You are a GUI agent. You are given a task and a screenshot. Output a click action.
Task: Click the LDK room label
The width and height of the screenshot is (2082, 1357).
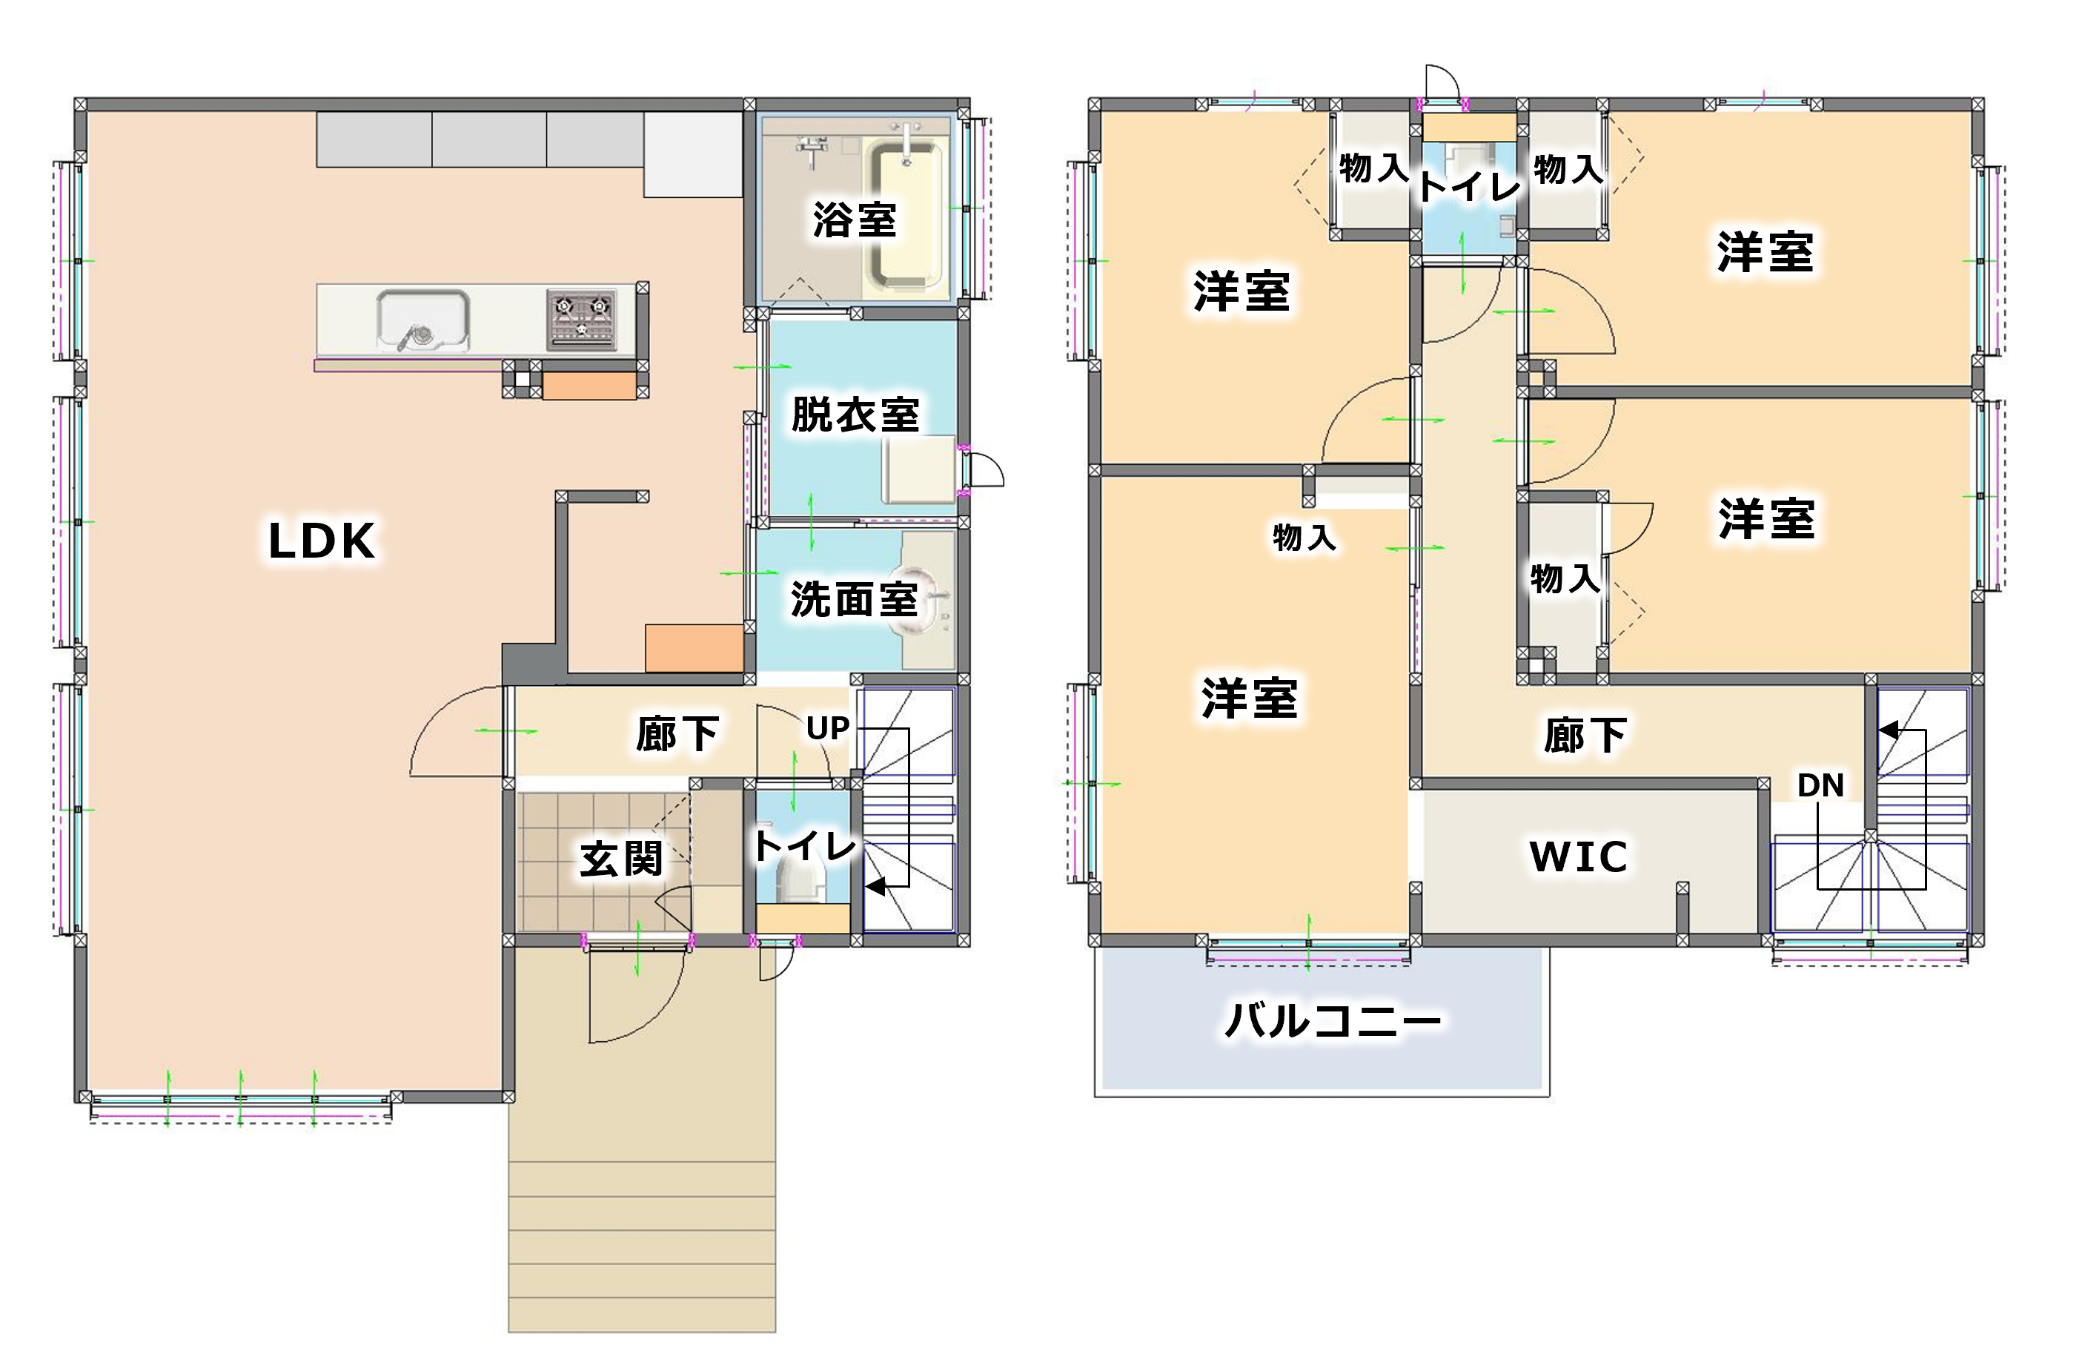pyautogui.click(x=321, y=541)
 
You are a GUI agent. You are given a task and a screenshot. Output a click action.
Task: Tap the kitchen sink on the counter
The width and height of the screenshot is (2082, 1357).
pyautogui.click(x=423, y=321)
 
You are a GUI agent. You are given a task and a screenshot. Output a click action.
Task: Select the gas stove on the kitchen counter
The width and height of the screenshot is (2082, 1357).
pyautogui.click(x=582, y=320)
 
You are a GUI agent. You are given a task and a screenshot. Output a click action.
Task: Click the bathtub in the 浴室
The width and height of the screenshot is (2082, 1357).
pyautogui.click(x=907, y=215)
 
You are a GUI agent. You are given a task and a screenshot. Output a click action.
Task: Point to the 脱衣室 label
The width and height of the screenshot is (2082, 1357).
pyautogui.click(x=855, y=415)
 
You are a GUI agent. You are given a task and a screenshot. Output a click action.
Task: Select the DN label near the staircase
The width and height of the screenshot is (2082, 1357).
pyautogui.click(x=1820, y=785)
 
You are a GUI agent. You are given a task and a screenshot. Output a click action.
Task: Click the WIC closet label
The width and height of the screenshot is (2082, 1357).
pyautogui.click(x=1578, y=856)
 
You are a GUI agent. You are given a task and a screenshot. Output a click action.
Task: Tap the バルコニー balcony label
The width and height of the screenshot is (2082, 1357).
pyautogui.click(x=1333, y=1020)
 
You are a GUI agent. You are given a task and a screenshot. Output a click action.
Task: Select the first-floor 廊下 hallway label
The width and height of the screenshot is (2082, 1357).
pyautogui.click(x=677, y=733)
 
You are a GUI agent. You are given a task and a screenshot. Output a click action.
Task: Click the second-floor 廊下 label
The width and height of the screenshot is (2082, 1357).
pyautogui.click(x=1584, y=735)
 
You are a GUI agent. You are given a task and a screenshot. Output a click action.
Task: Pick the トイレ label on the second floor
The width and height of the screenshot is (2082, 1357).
pyautogui.click(x=1470, y=186)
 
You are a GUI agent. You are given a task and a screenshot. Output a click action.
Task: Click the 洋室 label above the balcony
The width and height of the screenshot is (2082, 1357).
pyautogui.click(x=1249, y=699)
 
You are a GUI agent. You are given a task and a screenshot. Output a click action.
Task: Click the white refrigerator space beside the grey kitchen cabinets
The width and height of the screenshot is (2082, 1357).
pyautogui.click(x=693, y=154)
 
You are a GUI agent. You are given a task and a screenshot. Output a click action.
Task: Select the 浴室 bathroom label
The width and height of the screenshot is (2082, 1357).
pyautogui.click(x=855, y=219)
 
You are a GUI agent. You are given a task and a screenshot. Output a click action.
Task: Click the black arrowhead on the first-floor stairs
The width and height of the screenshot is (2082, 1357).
pyautogui.click(x=875, y=886)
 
